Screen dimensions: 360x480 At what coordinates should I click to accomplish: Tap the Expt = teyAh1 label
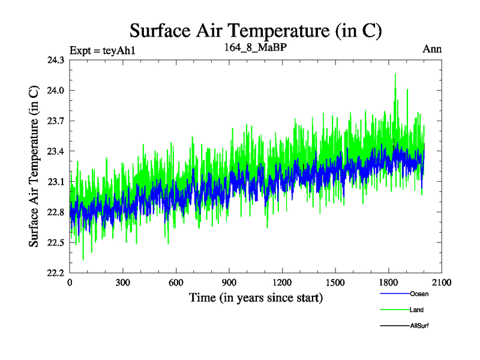(x=103, y=50)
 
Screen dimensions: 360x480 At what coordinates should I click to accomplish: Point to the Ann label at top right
(x=432, y=49)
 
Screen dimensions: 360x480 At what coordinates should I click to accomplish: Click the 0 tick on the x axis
(x=70, y=283)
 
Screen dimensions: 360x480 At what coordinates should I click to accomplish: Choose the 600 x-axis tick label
(x=176, y=283)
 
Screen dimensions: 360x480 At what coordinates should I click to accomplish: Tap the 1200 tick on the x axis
(x=283, y=283)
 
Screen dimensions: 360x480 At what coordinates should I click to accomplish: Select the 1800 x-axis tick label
(x=389, y=283)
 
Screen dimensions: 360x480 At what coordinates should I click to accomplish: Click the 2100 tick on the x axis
(x=442, y=283)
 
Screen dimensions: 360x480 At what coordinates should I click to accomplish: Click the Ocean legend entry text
(x=419, y=294)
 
